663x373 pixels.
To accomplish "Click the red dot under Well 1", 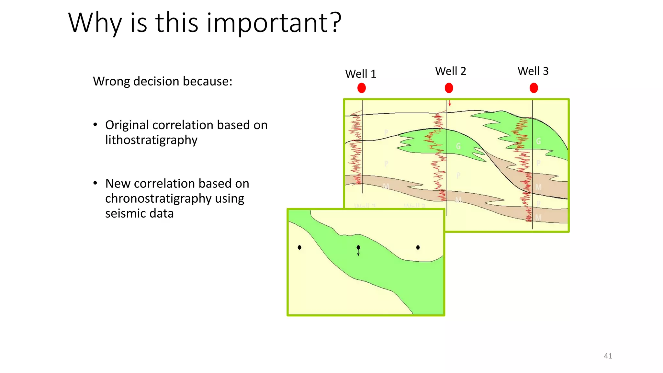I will pyautogui.click(x=362, y=88).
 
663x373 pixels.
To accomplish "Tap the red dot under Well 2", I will pyautogui.click(x=449, y=88).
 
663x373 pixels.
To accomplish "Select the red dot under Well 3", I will pyautogui.click(x=534, y=88).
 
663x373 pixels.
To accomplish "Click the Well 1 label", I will pyautogui.click(x=361, y=74).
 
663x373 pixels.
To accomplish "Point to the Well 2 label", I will pyautogui.click(x=451, y=71).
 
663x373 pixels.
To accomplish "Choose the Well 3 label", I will pyautogui.click(x=533, y=71).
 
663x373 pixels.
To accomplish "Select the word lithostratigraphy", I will pyautogui.click(x=151, y=140).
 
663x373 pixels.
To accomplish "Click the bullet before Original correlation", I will pyautogui.click(x=95, y=125).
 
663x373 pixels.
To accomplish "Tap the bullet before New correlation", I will pyautogui.click(x=95, y=184).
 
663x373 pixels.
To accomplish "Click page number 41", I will pyautogui.click(x=608, y=356).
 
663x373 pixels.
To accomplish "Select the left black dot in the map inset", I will pyautogui.click(x=299, y=247).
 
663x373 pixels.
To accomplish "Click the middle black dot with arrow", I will pyautogui.click(x=358, y=248).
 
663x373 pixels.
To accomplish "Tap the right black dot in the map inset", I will pyautogui.click(x=418, y=247).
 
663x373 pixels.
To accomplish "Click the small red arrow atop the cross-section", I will pyautogui.click(x=450, y=103).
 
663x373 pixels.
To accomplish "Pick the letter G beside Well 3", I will pyautogui.click(x=538, y=141).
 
